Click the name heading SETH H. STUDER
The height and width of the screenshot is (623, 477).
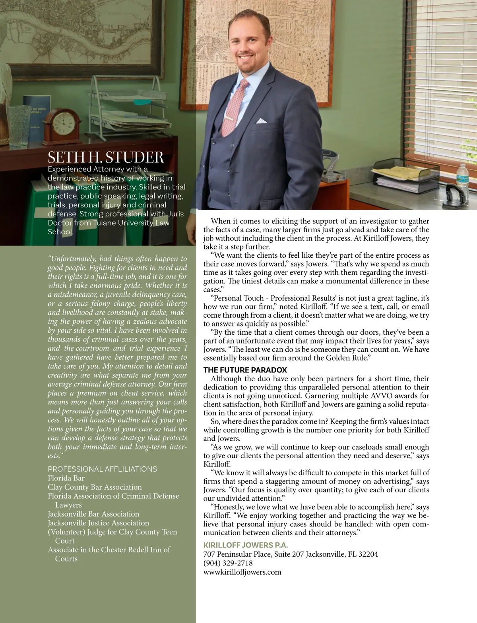(x=105, y=158)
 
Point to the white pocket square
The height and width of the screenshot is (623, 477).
(x=261, y=120)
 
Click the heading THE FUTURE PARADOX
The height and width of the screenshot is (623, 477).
(x=245, y=370)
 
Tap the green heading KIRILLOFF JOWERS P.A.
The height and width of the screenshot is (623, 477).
(x=245, y=545)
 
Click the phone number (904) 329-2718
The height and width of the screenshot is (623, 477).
(x=228, y=563)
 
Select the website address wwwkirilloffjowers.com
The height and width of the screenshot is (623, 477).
(x=242, y=572)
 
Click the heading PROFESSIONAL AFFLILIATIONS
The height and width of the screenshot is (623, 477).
(x=102, y=469)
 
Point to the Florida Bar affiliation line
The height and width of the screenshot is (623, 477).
(x=66, y=478)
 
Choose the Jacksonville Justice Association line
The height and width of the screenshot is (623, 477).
(x=98, y=523)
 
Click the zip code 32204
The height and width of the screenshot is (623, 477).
(x=368, y=554)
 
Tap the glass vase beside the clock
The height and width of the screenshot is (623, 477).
(x=18, y=126)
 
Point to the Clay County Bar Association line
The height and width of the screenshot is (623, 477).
(x=95, y=487)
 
